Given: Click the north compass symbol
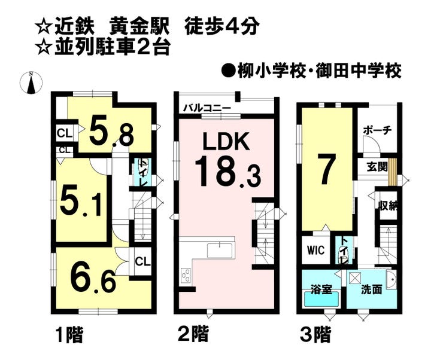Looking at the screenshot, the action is tap(31, 83).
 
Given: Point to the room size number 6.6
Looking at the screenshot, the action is tap(93, 278).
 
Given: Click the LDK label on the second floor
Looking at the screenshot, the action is tap(226, 141).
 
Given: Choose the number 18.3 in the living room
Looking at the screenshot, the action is tap(227, 172).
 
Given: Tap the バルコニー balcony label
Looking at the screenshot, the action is tap(207, 108).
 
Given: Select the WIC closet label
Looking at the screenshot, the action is tap(316, 250).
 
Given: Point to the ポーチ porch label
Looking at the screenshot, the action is tap(378, 130).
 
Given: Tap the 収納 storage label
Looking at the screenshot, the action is tap(388, 205).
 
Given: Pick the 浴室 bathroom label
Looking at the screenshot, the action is tap(321, 289).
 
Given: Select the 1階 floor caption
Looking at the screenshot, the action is tap(69, 335).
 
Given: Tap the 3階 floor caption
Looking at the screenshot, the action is tap(315, 334).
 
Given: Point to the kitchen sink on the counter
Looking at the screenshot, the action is tap(220, 251).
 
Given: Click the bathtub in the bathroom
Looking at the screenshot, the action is tap(321, 301).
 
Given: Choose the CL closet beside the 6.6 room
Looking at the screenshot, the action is tap(142, 261).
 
